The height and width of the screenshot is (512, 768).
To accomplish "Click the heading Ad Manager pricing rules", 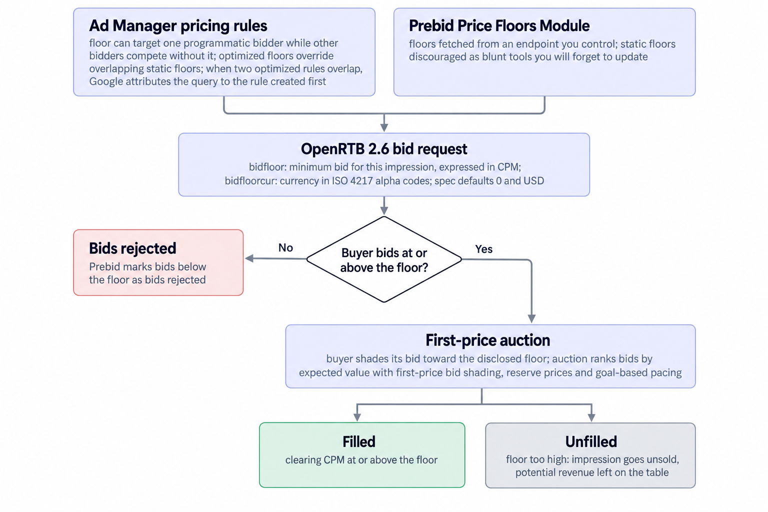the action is coord(178,25).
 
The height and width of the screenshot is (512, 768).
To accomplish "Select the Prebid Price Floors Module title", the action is coord(499,25).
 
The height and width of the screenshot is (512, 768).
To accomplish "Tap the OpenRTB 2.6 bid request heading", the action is coord(384,149).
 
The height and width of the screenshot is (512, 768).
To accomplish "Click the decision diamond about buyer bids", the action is coord(384,259).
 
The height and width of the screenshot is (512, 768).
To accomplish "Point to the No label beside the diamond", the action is coord(285,247).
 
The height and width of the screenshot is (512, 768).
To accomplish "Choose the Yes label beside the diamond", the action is coord(484,249).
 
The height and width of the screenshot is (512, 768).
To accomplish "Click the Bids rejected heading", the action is coord(132,248).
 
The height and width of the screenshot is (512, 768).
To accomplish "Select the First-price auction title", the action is coord(487,340).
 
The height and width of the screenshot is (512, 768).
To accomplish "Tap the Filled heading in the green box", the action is coord(359,441).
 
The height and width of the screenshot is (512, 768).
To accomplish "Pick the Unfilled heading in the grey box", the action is coord(591,441).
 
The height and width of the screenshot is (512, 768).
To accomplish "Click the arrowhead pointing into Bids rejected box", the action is coord(249,258).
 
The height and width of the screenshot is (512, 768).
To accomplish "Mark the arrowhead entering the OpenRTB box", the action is coord(384,127).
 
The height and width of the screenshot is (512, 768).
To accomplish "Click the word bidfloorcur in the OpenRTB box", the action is coord(250,180).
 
